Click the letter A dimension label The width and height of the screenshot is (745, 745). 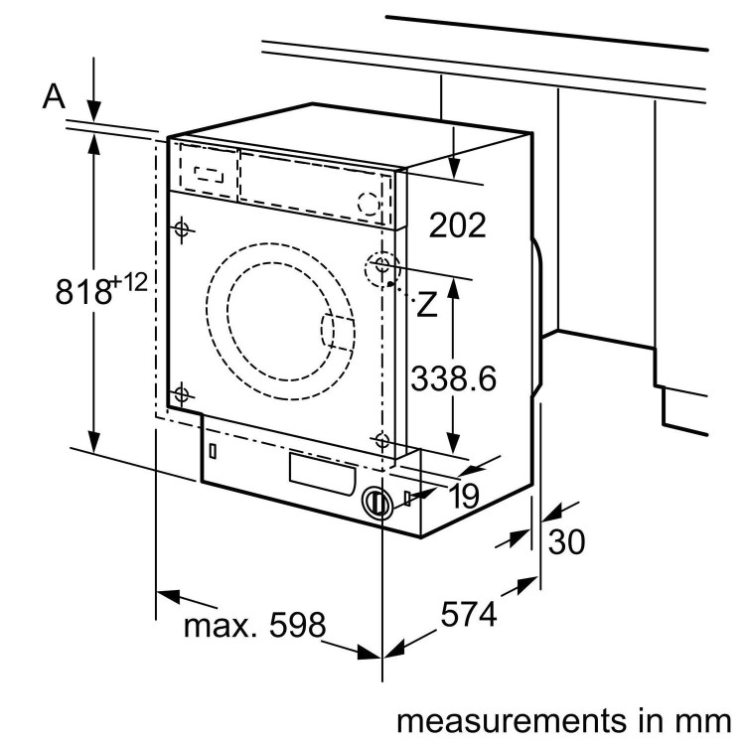(54, 96)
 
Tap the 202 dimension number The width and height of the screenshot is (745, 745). (458, 225)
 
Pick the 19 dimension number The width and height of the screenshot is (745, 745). (461, 496)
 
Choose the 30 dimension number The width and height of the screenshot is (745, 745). (567, 541)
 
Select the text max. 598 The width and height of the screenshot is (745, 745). (254, 625)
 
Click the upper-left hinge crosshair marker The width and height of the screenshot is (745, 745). (181, 230)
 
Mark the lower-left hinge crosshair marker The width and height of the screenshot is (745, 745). (181, 395)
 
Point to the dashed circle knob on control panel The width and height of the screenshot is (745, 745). (369, 202)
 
